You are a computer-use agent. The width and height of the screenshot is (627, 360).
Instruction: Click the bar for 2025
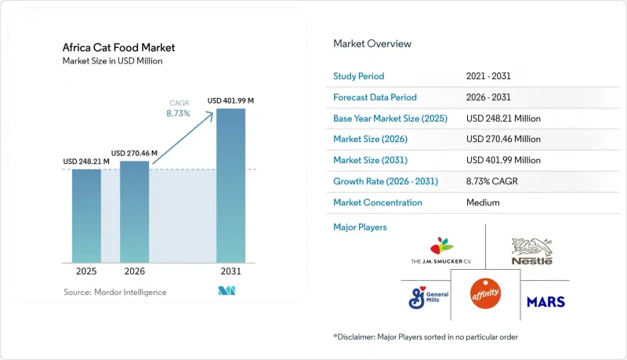click(86, 216)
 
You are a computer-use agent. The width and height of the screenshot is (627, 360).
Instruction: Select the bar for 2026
click(134, 212)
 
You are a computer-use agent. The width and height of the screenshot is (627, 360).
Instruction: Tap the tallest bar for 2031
click(230, 186)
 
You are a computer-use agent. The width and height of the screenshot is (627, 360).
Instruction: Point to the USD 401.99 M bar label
click(230, 101)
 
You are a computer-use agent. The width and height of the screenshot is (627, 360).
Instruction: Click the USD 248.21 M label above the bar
click(86, 162)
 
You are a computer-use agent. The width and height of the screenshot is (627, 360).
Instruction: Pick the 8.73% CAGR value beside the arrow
click(178, 113)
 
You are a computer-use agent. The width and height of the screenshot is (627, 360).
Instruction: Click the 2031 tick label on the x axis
click(230, 271)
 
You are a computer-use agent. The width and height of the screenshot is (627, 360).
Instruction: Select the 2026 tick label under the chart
click(134, 271)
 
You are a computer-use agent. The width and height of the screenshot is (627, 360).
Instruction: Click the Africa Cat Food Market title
click(119, 48)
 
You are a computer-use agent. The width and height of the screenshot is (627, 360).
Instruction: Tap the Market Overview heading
click(372, 44)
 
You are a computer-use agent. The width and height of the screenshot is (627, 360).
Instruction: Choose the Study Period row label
click(359, 76)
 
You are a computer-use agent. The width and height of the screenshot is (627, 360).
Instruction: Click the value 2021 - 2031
click(488, 76)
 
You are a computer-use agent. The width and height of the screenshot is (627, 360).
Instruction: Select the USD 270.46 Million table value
click(503, 139)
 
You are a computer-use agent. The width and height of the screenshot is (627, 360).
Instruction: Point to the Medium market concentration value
click(483, 202)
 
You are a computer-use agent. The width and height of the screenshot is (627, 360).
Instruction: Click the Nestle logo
click(532, 251)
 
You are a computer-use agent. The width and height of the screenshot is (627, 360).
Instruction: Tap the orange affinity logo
click(485, 293)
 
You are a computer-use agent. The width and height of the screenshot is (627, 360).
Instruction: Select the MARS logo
click(545, 302)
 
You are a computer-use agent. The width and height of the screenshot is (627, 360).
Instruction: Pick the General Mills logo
click(428, 297)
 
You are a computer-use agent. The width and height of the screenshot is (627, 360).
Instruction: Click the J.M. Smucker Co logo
click(441, 250)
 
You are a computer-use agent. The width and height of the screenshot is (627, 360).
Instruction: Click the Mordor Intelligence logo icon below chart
click(227, 291)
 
